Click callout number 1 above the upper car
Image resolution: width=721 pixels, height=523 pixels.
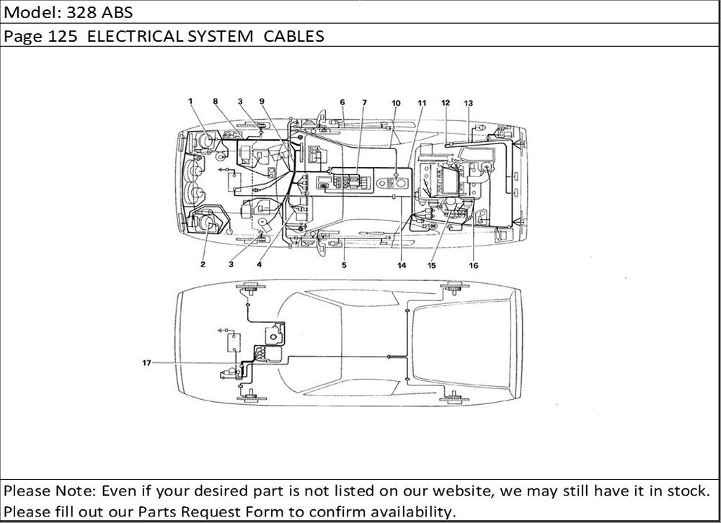pos(190,101)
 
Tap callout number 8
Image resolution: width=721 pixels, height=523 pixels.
pos(215,101)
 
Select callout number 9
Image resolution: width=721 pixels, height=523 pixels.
pos(262,101)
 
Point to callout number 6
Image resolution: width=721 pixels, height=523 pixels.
pos(342,102)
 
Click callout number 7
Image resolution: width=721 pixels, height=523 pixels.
pos(364,102)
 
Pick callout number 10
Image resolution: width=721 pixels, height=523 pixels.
pos(396,103)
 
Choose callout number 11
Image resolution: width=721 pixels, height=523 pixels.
pos(422,103)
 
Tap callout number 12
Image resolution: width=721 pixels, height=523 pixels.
pos(446,102)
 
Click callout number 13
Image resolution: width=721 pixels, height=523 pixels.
pos(468,103)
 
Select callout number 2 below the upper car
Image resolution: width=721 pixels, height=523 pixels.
pos(203,264)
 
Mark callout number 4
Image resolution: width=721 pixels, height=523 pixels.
pos(260,264)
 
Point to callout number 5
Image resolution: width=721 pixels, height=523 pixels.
pos(344,264)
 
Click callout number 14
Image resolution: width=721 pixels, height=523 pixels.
pos(402,265)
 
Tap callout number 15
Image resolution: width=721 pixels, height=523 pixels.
pos(431,265)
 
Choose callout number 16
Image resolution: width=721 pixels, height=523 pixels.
pos(474,265)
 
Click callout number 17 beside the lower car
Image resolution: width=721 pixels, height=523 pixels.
pos(146,362)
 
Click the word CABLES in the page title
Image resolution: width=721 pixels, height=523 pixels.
pos(294,36)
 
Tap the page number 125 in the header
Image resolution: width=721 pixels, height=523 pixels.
pos(62,36)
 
